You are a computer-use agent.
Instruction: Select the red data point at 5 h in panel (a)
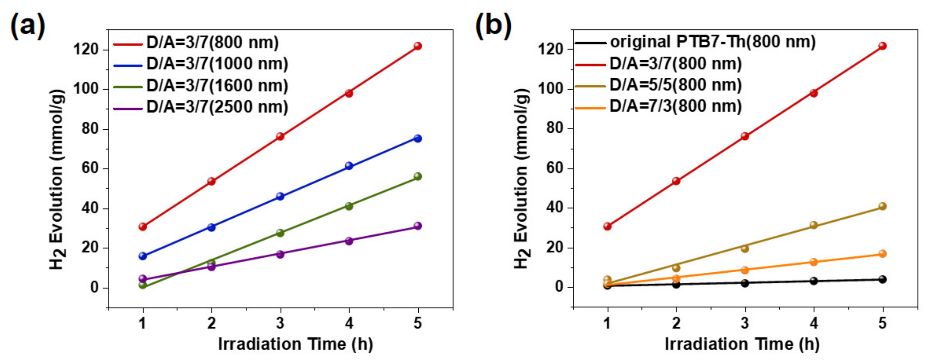click(418, 46)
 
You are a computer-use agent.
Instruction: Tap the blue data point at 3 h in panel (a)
click(280, 196)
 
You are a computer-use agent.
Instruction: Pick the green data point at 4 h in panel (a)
click(349, 206)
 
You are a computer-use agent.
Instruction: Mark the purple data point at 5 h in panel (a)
click(418, 226)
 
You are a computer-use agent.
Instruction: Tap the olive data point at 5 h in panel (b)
click(882, 206)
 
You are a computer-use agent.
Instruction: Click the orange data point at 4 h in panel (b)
click(813, 262)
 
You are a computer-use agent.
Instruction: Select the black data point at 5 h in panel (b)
click(882, 279)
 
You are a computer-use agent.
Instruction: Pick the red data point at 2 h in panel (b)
click(676, 181)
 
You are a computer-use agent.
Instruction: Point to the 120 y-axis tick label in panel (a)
click(86, 49)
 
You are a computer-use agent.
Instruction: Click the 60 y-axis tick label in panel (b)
click(555, 168)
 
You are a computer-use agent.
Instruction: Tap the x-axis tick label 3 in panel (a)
click(280, 323)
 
